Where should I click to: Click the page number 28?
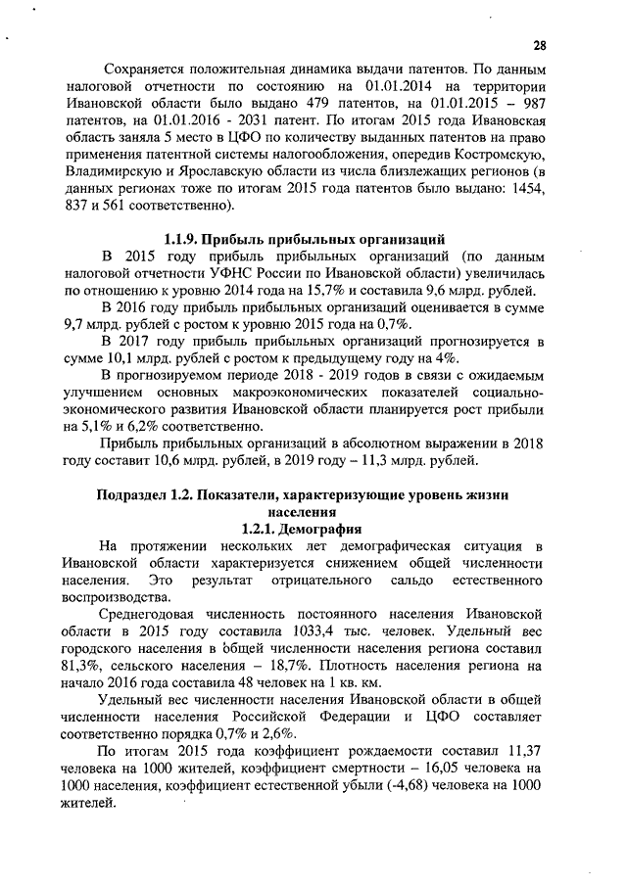pos(540,46)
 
